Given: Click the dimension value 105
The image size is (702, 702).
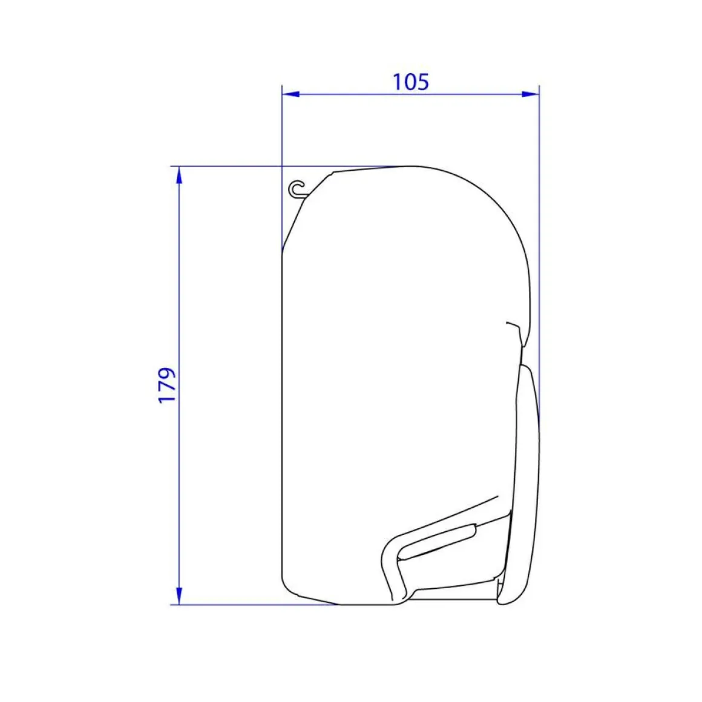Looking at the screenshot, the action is click(x=410, y=82).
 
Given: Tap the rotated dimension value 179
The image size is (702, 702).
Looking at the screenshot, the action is click(x=167, y=385).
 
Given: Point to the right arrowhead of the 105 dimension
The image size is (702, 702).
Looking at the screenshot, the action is click(x=531, y=94).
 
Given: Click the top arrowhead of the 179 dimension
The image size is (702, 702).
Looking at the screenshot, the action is click(x=179, y=175).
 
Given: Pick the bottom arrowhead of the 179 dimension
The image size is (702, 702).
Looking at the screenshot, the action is click(x=179, y=596).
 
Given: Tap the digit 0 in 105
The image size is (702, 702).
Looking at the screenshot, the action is click(x=410, y=82).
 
